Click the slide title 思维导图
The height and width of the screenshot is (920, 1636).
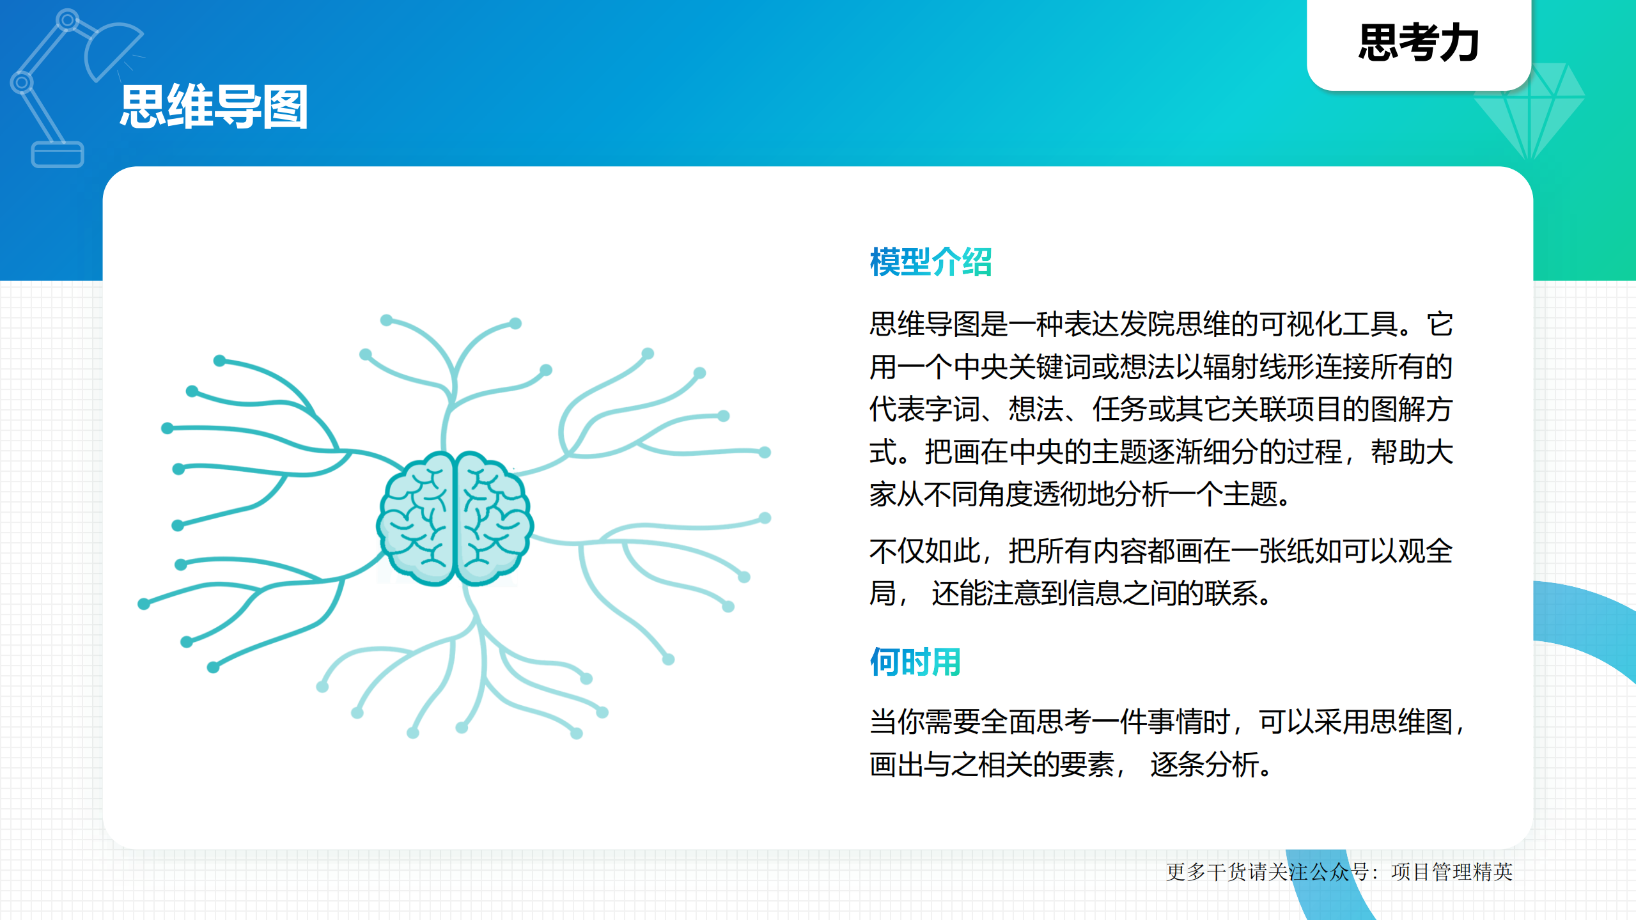point(214,107)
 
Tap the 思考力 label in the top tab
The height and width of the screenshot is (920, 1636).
point(1419,43)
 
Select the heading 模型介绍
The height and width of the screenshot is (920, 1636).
point(930,262)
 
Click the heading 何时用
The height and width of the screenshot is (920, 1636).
point(915,662)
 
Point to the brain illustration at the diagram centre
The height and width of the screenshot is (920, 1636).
point(455,518)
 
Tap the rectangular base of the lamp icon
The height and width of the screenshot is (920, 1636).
point(58,155)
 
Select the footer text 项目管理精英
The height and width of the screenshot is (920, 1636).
point(1451,872)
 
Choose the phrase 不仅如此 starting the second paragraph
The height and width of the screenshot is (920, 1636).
point(924,551)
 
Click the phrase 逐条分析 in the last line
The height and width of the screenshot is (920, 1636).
point(1204,765)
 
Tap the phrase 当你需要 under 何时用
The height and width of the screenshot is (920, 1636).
point(924,722)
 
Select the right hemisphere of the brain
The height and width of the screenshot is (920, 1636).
point(492,518)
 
